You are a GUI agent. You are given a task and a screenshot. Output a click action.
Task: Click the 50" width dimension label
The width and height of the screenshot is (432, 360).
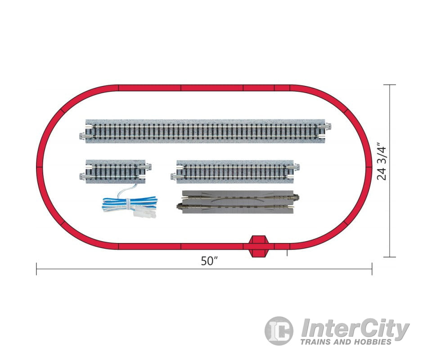[209, 262]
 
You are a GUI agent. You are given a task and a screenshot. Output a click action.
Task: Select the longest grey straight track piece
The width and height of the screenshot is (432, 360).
[206, 131]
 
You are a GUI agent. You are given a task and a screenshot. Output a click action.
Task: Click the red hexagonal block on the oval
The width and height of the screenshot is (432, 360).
[258, 246]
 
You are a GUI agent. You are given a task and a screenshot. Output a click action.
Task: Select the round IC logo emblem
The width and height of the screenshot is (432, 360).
[279, 331]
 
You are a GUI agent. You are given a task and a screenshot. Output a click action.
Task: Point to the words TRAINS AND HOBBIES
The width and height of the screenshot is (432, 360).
[346, 342]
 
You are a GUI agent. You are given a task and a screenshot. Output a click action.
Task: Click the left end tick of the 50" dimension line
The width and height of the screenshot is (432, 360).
[36, 270]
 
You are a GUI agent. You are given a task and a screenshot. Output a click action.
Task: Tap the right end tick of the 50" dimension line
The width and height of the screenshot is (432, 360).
[372, 270]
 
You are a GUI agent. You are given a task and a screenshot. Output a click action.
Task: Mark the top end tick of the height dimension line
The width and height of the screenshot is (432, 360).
[389, 85]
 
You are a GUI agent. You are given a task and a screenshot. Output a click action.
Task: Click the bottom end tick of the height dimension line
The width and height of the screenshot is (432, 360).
[389, 257]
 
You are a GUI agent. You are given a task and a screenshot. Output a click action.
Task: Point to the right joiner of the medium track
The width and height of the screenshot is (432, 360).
[295, 167]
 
